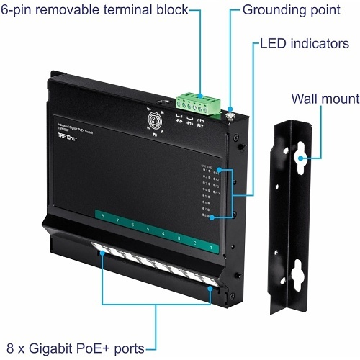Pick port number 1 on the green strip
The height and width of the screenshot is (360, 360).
click(210, 247)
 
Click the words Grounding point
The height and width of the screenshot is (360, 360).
click(291, 11)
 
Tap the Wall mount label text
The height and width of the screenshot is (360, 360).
click(325, 99)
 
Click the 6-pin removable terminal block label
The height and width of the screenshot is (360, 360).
click(94, 11)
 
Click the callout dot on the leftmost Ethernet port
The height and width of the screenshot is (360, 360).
click(102, 253)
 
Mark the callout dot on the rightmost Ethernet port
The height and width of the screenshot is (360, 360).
click(210, 289)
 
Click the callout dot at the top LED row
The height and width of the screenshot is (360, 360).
click(218, 171)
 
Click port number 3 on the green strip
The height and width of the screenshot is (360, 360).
click(179, 238)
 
